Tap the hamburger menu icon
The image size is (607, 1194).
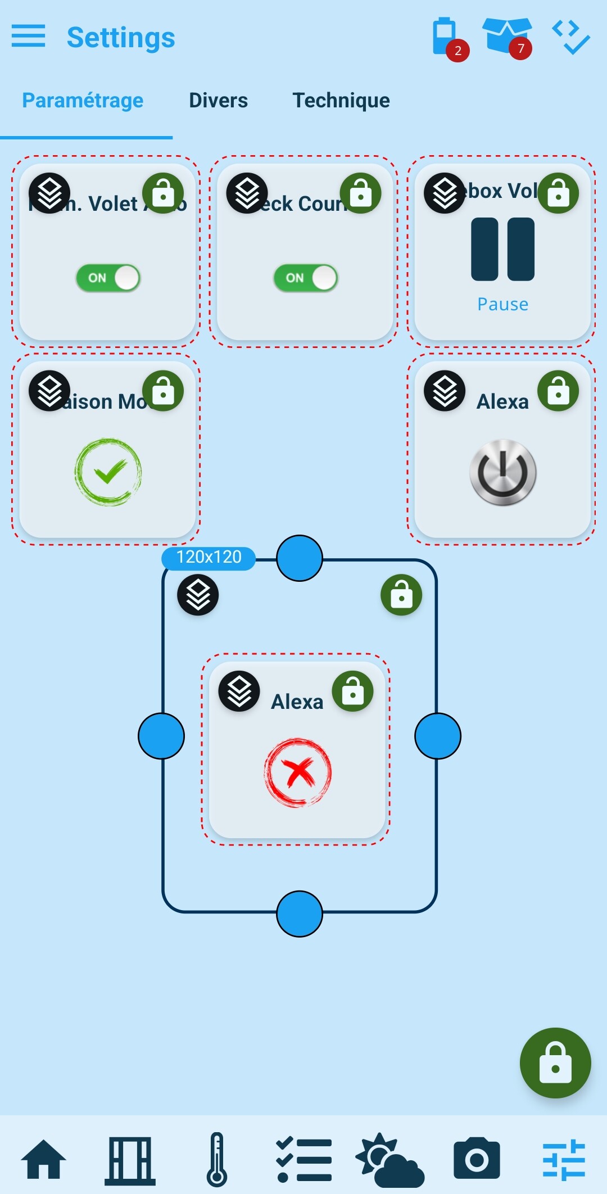point(28,37)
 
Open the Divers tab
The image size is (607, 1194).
point(218,101)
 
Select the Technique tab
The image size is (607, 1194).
point(341,101)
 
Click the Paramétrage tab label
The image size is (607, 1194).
point(83,101)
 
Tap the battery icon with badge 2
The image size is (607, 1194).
point(445,38)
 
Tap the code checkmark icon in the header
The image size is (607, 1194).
point(570,37)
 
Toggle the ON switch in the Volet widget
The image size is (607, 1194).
point(108,278)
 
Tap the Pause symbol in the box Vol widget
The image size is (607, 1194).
point(502,249)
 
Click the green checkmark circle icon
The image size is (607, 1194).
point(108,472)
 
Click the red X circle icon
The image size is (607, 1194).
point(298,772)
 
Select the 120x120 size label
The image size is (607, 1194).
point(209,558)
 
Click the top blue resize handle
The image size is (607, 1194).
point(300,558)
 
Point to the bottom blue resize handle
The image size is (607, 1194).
point(300,914)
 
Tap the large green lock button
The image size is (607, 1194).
point(555,1063)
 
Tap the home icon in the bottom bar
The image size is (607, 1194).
point(43,1159)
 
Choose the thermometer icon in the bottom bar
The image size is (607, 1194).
point(217,1159)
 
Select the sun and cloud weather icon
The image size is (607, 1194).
point(389,1159)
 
